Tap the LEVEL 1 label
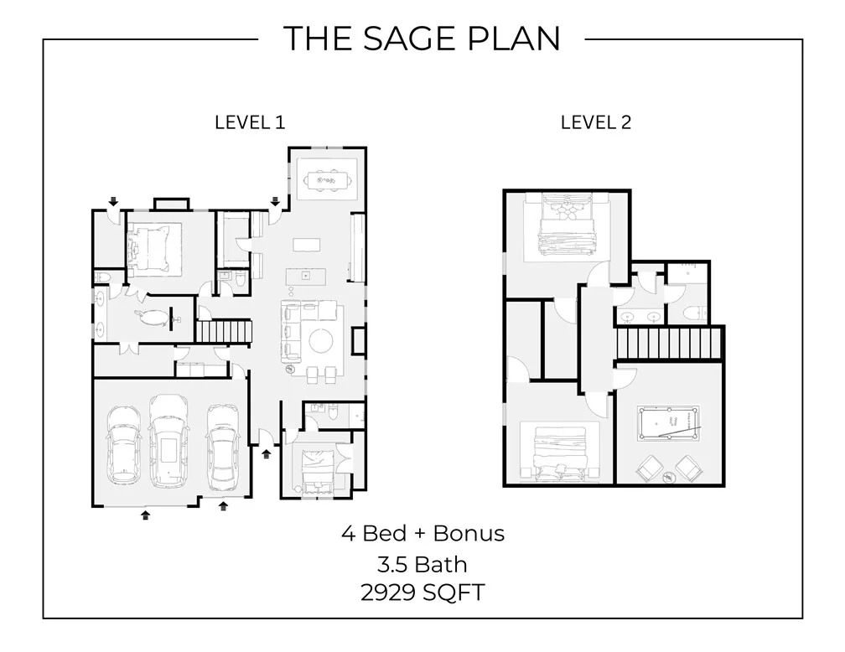[x=250, y=123]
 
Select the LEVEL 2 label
[x=595, y=123]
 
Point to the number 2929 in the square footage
[x=388, y=592]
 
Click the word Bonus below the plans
[x=469, y=534]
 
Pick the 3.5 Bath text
[x=422, y=565]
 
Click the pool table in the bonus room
[x=668, y=423]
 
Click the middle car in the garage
[x=168, y=441]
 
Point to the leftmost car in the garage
[x=124, y=445]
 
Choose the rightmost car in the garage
[x=223, y=445]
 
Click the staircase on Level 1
[x=223, y=331]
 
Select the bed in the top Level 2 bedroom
[x=568, y=225]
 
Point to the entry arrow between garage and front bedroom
[x=267, y=454]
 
